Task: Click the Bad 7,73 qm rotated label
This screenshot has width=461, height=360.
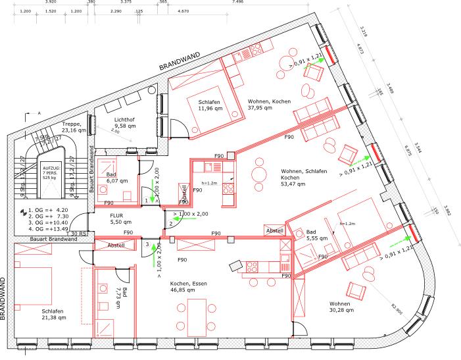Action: [x=124, y=292]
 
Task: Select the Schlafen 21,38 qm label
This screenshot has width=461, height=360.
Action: [x=53, y=315]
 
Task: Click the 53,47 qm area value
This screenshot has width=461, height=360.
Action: [x=293, y=185]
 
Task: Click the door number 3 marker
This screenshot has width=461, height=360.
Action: [x=147, y=244]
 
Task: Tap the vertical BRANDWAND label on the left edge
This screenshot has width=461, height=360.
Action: [x=4, y=296]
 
